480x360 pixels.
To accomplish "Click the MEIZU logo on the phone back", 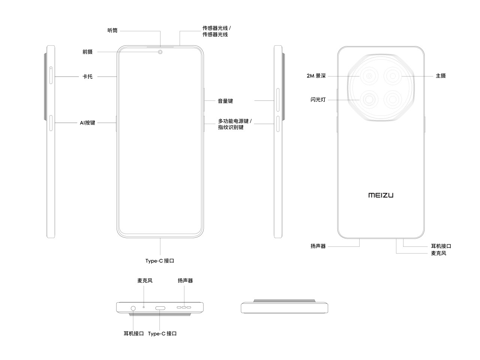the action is [381, 195].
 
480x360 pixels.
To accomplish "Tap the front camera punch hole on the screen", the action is [160, 52].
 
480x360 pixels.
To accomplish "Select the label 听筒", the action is [112, 31].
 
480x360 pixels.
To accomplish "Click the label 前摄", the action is [87, 52].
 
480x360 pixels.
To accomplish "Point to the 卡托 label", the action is [87, 76].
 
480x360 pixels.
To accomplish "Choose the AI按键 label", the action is [87, 123].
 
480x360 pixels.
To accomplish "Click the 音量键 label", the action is [225, 101].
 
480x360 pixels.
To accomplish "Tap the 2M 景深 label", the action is [316, 76].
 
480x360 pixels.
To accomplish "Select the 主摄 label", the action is [441, 76].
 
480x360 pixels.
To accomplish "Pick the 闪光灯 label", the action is [318, 100].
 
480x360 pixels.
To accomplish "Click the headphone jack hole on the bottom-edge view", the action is [133, 308].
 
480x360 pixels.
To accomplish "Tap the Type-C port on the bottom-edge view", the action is [160, 308].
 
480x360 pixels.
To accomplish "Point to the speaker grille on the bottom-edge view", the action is [184, 307].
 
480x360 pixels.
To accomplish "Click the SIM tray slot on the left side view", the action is [51, 75].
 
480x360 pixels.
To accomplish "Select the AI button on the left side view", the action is [51, 123].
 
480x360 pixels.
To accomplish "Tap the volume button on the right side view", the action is [278, 100].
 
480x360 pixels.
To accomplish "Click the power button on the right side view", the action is [278, 124].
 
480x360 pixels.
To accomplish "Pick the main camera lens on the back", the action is [393, 76].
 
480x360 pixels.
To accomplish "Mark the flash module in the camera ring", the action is [369, 100].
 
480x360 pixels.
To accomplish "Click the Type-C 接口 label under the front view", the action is [160, 261].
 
